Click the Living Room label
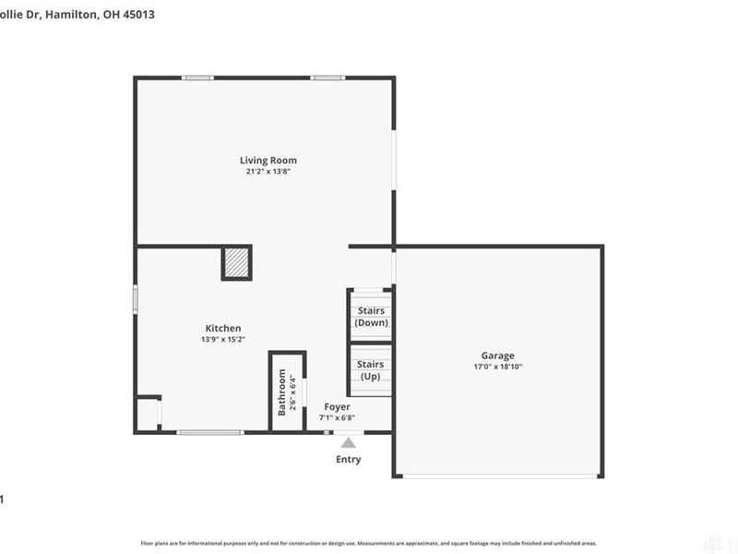coord(268,161)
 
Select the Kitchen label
coord(223,328)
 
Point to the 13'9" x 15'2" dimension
coord(222,340)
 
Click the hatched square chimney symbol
coord(236,263)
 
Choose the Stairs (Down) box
coord(371,317)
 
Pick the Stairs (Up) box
coord(371,370)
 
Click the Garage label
coord(498,355)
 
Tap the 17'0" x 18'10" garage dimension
coord(498,367)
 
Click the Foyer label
coord(337,406)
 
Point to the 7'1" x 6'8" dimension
coord(337,417)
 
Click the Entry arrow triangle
coord(349,442)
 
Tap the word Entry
coord(349,460)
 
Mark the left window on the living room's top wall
coord(197,78)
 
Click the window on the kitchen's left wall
coord(137,299)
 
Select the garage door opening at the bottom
coord(498,476)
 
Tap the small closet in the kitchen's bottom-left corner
coord(148,414)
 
